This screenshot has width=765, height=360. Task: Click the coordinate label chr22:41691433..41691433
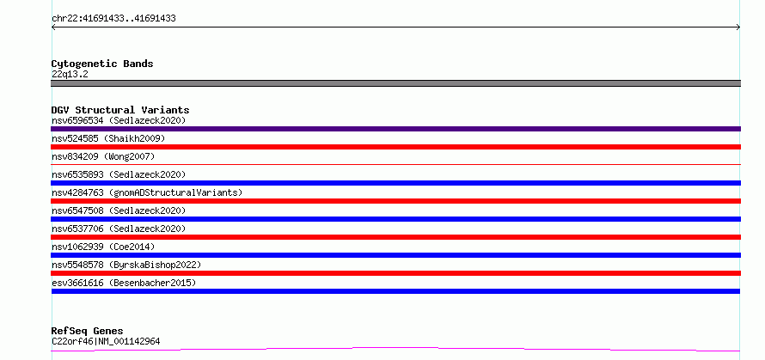point(113,19)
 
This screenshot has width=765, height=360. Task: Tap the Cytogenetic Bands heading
point(102,64)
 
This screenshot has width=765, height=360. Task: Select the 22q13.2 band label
point(70,75)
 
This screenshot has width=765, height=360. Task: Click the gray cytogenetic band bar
point(395,83)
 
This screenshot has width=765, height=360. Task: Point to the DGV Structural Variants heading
point(120,110)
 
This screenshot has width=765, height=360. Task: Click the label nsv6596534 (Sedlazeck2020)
point(119,120)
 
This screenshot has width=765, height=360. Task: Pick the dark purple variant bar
point(395,129)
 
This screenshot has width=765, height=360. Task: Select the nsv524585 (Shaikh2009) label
point(108,138)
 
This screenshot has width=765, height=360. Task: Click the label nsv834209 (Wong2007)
point(103,156)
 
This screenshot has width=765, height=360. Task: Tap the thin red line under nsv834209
point(395,164)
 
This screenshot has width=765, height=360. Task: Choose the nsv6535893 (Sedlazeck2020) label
point(119,174)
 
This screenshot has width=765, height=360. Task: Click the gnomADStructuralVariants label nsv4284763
point(147,192)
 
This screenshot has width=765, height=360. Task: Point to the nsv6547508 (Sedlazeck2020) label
point(119,211)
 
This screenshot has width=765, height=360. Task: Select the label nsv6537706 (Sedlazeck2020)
point(119,229)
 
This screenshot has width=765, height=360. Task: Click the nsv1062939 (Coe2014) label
point(103,247)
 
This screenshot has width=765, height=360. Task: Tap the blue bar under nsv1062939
point(395,255)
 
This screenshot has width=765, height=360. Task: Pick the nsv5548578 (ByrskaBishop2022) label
point(126,265)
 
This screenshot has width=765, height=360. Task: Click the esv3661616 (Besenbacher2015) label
point(124,283)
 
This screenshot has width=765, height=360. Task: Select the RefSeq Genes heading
point(87,332)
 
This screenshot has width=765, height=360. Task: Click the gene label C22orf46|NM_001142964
point(106,341)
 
